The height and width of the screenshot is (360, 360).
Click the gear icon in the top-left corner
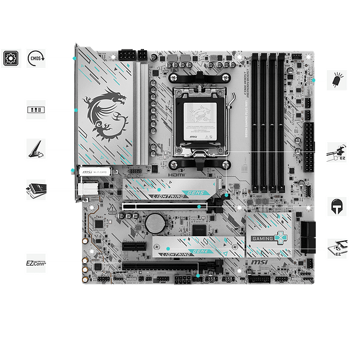click(x=9, y=58)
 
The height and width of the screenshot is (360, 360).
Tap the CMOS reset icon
click(x=35, y=58)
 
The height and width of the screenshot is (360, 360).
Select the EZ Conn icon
click(x=35, y=260)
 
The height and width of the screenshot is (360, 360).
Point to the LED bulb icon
click(x=337, y=80)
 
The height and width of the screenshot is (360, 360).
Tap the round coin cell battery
click(x=156, y=222)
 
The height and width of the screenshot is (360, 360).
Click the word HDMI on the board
click(x=176, y=175)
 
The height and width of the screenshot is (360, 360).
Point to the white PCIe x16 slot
click(x=165, y=207)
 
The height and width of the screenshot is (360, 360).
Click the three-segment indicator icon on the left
click(x=35, y=110)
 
